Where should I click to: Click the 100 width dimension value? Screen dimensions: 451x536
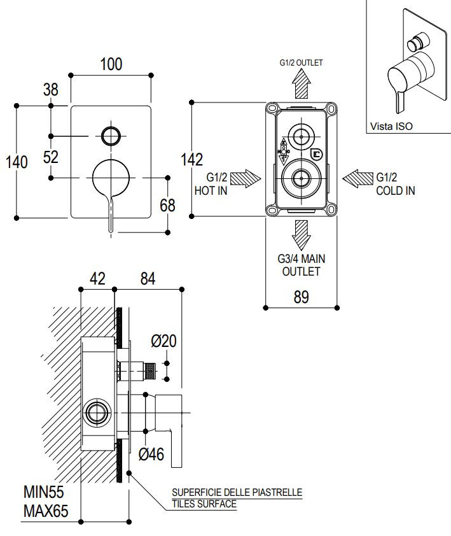(111, 64)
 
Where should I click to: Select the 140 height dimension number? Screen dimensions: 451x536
(17, 162)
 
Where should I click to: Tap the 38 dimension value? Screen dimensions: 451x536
(50, 90)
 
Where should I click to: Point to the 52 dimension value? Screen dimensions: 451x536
(50, 157)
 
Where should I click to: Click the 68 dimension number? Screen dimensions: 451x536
(167, 205)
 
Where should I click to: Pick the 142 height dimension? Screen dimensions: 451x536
(191, 160)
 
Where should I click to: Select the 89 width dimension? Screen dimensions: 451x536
(301, 297)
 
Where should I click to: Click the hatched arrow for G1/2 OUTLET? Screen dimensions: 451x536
(301, 83)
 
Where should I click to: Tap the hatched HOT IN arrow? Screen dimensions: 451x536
(246, 178)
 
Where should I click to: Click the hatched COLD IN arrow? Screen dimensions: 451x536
(357, 178)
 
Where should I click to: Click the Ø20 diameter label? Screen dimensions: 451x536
(163, 341)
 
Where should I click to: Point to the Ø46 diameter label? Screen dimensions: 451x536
(151, 454)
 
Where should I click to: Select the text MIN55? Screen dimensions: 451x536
(43, 492)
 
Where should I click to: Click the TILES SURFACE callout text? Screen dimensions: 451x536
(204, 504)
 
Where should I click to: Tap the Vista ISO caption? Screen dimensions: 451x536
(391, 126)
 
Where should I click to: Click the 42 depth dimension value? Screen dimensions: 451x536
(97, 279)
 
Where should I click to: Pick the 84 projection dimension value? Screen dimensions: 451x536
(148, 279)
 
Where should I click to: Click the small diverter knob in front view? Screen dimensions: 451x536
(111, 136)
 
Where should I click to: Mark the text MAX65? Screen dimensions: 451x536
(46, 511)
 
